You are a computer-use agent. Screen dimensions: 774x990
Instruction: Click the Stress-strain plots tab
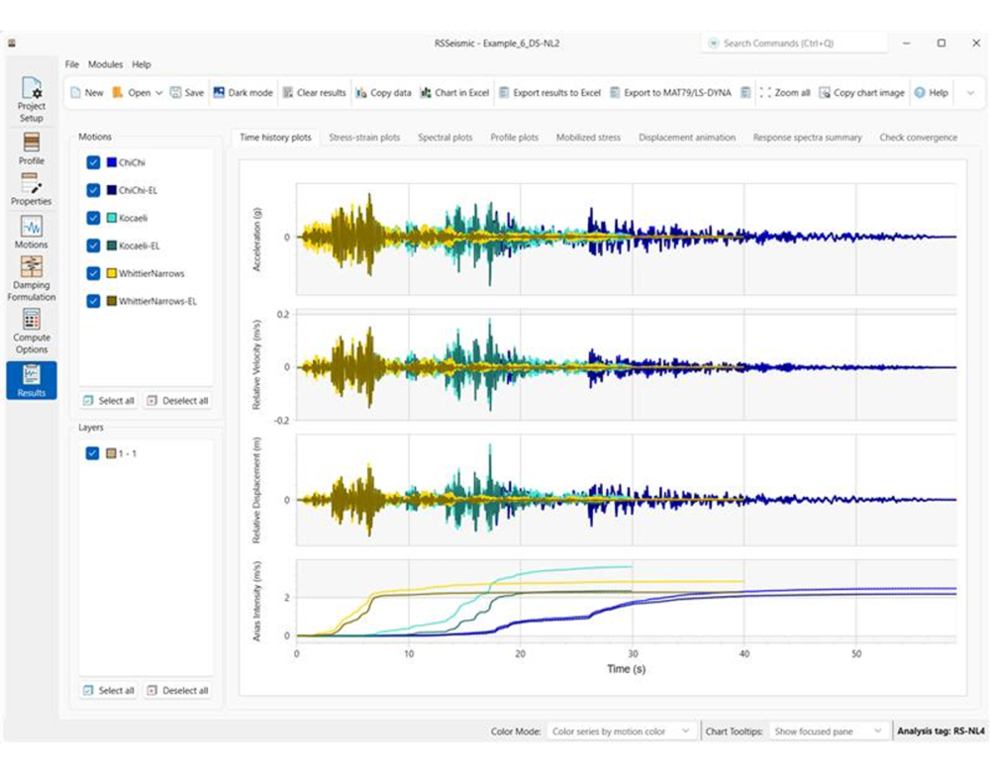[x=364, y=138]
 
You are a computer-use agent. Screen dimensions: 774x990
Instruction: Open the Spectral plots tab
[x=445, y=138]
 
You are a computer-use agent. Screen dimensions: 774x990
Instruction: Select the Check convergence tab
[x=918, y=138]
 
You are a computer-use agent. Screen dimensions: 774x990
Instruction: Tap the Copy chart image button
[x=861, y=93]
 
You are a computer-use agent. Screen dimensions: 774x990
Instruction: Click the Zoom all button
[x=784, y=93]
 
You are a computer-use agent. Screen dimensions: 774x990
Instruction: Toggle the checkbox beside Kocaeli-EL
[x=93, y=245]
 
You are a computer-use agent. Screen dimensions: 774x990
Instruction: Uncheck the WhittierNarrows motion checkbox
[x=93, y=273]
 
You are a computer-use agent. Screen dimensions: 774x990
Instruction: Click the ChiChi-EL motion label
[x=139, y=190]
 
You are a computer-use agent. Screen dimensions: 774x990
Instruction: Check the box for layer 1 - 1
[x=93, y=453]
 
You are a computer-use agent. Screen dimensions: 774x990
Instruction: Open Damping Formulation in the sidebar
[x=32, y=278]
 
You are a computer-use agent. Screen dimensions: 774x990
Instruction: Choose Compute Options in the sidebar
[x=32, y=331]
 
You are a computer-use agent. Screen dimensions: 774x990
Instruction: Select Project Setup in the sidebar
[x=32, y=99]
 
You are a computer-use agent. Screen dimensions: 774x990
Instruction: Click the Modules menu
[x=105, y=64]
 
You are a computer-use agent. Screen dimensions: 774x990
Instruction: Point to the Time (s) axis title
[x=626, y=669]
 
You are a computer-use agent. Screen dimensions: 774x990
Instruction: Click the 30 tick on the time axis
[x=633, y=653]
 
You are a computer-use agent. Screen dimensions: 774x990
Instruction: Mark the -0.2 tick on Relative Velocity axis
[x=282, y=421]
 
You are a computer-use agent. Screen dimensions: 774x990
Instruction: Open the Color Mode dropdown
[x=623, y=731]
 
